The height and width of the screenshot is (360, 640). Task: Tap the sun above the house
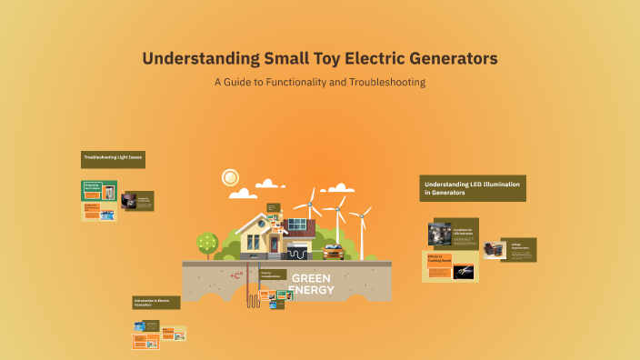[x=229, y=176]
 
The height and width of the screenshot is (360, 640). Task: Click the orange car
[x=333, y=251]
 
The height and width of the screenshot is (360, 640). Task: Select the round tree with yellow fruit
[x=207, y=242]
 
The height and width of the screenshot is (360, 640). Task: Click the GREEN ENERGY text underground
[x=312, y=284]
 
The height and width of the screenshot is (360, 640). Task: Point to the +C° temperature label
[x=237, y=275]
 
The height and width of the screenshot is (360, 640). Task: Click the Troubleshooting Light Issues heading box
[x=113, y=159]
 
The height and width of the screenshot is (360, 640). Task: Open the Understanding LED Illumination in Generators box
[x=473, y=188]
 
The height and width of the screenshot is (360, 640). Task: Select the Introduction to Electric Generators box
[x=156, y=302]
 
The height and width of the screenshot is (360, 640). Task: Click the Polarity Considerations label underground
[x=273, y=274]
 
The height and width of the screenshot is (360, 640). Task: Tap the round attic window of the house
[x=261, y=221]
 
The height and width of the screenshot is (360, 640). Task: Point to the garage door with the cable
[x=298, y=251]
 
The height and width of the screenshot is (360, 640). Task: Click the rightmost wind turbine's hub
[x=361, y=215]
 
